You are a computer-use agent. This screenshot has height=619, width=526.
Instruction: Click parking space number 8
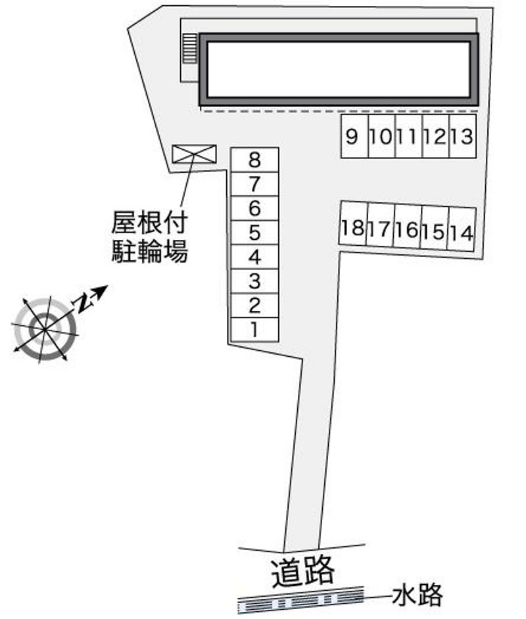point(254,160)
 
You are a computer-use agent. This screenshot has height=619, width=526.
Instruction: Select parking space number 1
point(254,329)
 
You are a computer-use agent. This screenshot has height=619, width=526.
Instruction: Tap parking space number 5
point(254,233)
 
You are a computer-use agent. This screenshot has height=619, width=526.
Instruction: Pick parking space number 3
point(254,281)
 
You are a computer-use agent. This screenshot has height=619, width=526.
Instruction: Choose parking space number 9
point(354,137)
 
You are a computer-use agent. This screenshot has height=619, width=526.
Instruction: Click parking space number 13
point(463,137)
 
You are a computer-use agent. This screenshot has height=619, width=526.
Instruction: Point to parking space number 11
point(408,137)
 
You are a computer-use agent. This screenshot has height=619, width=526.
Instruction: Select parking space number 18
point(353,227)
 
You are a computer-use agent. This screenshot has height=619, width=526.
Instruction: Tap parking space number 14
point(462,232)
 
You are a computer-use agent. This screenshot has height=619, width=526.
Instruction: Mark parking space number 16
point(408,229)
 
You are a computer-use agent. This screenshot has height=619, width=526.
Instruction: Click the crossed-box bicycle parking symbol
point(194,153)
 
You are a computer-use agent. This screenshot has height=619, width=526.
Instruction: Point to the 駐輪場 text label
point(149,252)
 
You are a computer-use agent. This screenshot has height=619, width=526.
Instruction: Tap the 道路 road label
point(303,570)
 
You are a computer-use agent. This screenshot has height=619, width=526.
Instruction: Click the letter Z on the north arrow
point(84,302)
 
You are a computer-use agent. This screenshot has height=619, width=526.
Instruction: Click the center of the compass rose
point(44,327)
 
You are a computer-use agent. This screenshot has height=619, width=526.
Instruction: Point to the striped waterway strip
point(301,600)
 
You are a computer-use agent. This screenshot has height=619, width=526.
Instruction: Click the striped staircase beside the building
point(189,49)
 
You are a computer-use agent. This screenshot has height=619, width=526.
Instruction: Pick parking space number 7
point(254,183)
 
